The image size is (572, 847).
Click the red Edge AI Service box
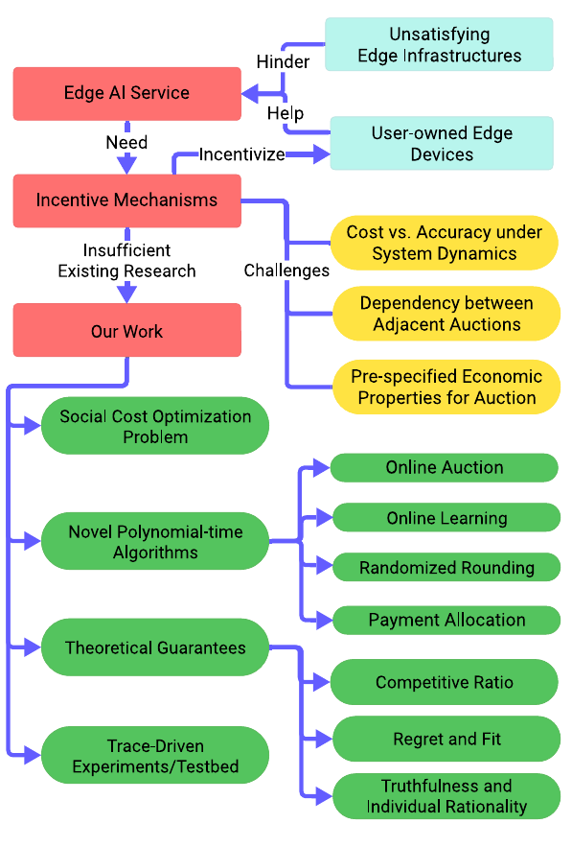pos(126,93)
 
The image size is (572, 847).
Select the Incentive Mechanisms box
pos(126,200)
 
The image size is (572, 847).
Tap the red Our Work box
pos(126,330)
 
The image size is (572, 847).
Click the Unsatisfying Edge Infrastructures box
pos(439,44)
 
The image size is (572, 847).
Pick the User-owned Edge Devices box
pos(442,143)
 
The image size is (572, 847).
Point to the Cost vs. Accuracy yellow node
pos(444,243)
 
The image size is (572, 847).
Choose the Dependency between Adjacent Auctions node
pos(446,314)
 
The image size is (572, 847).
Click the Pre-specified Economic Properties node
pos(446,387)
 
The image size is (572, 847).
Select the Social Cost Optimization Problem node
pos(155,426)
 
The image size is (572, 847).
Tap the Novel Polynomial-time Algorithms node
pos(155,541)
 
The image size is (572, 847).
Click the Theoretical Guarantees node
pos(155,647)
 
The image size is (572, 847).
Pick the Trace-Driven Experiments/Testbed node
pos(155,755)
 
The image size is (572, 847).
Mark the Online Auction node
pos(444,468)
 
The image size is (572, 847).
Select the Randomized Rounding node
pos(446,567)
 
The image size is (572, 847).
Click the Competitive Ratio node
pos(444,682)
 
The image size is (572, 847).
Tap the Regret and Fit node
pos(446,739)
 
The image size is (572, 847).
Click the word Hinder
pos(283,61)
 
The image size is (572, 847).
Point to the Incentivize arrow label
pos(241,154)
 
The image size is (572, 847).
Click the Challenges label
pos(286,271)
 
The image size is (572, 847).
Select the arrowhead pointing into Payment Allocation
pos(324,620)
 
